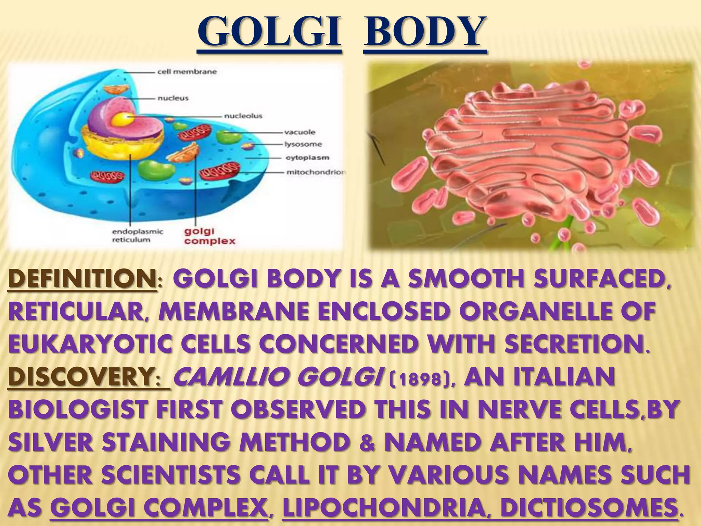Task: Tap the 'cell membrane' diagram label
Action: [x=187, y=72]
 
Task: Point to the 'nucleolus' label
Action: [x=243, y=116]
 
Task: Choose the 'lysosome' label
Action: [x=303, y=144]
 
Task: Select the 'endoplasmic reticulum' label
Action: [x=138, y=236]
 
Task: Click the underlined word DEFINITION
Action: [x=81, y=280]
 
